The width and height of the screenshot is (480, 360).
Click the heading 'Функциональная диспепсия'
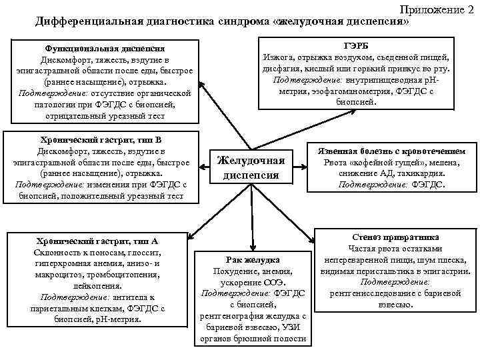point(105,49)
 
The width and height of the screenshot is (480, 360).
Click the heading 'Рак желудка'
point(253,259)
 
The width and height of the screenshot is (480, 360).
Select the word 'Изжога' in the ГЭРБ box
point(279,58)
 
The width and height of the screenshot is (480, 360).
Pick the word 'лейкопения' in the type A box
point(96,286)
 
